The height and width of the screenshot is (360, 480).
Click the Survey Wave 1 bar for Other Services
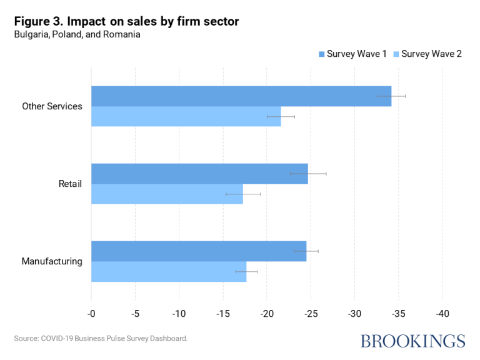[x=241, y=96]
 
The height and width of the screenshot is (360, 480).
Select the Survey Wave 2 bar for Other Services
[x=186, y=116]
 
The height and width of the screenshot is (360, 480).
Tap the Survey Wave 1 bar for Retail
[x=199, y=173]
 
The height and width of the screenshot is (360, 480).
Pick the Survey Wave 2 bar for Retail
[x=167, y=194]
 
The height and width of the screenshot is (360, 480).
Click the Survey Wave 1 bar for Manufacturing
[x=199, y=251]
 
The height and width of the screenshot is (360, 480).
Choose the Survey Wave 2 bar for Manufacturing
[x=169, y=271]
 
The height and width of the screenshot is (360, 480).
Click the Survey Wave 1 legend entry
[x=352, y=54]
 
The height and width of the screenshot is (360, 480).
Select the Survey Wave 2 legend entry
[x=427, y=54]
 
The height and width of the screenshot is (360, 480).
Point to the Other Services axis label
[x=52, y=106]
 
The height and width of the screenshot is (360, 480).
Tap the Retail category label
[x=70, y=184]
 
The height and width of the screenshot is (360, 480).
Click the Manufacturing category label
[x=52, y=261]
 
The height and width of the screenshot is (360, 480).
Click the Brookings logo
[x=412, y=341]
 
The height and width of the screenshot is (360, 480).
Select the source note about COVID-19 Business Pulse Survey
[x=101, y=338]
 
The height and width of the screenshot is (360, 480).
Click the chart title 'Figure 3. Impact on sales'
[x=126, y=22]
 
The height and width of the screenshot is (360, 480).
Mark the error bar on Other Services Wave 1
[x=391, y=96]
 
